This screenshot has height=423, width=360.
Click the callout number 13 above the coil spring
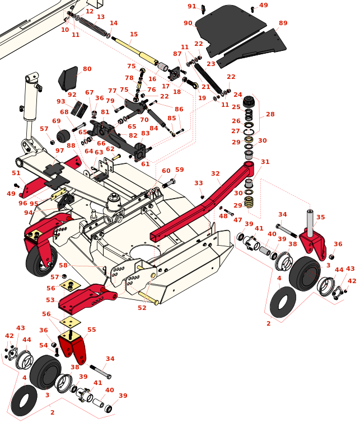[x=101, y=17]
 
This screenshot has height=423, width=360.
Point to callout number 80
[x=87, y=69]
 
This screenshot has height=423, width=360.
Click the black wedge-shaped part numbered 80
[x=68, y=78]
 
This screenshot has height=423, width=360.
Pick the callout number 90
[x=188, y=23]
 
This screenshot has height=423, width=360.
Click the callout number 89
[x=283, y=23]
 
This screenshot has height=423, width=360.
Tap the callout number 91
[x=192, y=7]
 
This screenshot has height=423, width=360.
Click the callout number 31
[x=265, y=162]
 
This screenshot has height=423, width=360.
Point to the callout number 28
[x=270, y=114]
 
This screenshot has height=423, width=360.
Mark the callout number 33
[x=199, y=183]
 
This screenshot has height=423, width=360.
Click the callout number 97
[x=60, y=151]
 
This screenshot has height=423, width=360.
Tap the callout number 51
[x=16, y=173]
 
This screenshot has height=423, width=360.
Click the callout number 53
[x=50, y=300]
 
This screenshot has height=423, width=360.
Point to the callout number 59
[x=179, y=170]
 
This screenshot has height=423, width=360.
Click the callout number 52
[x=142, y=308]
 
